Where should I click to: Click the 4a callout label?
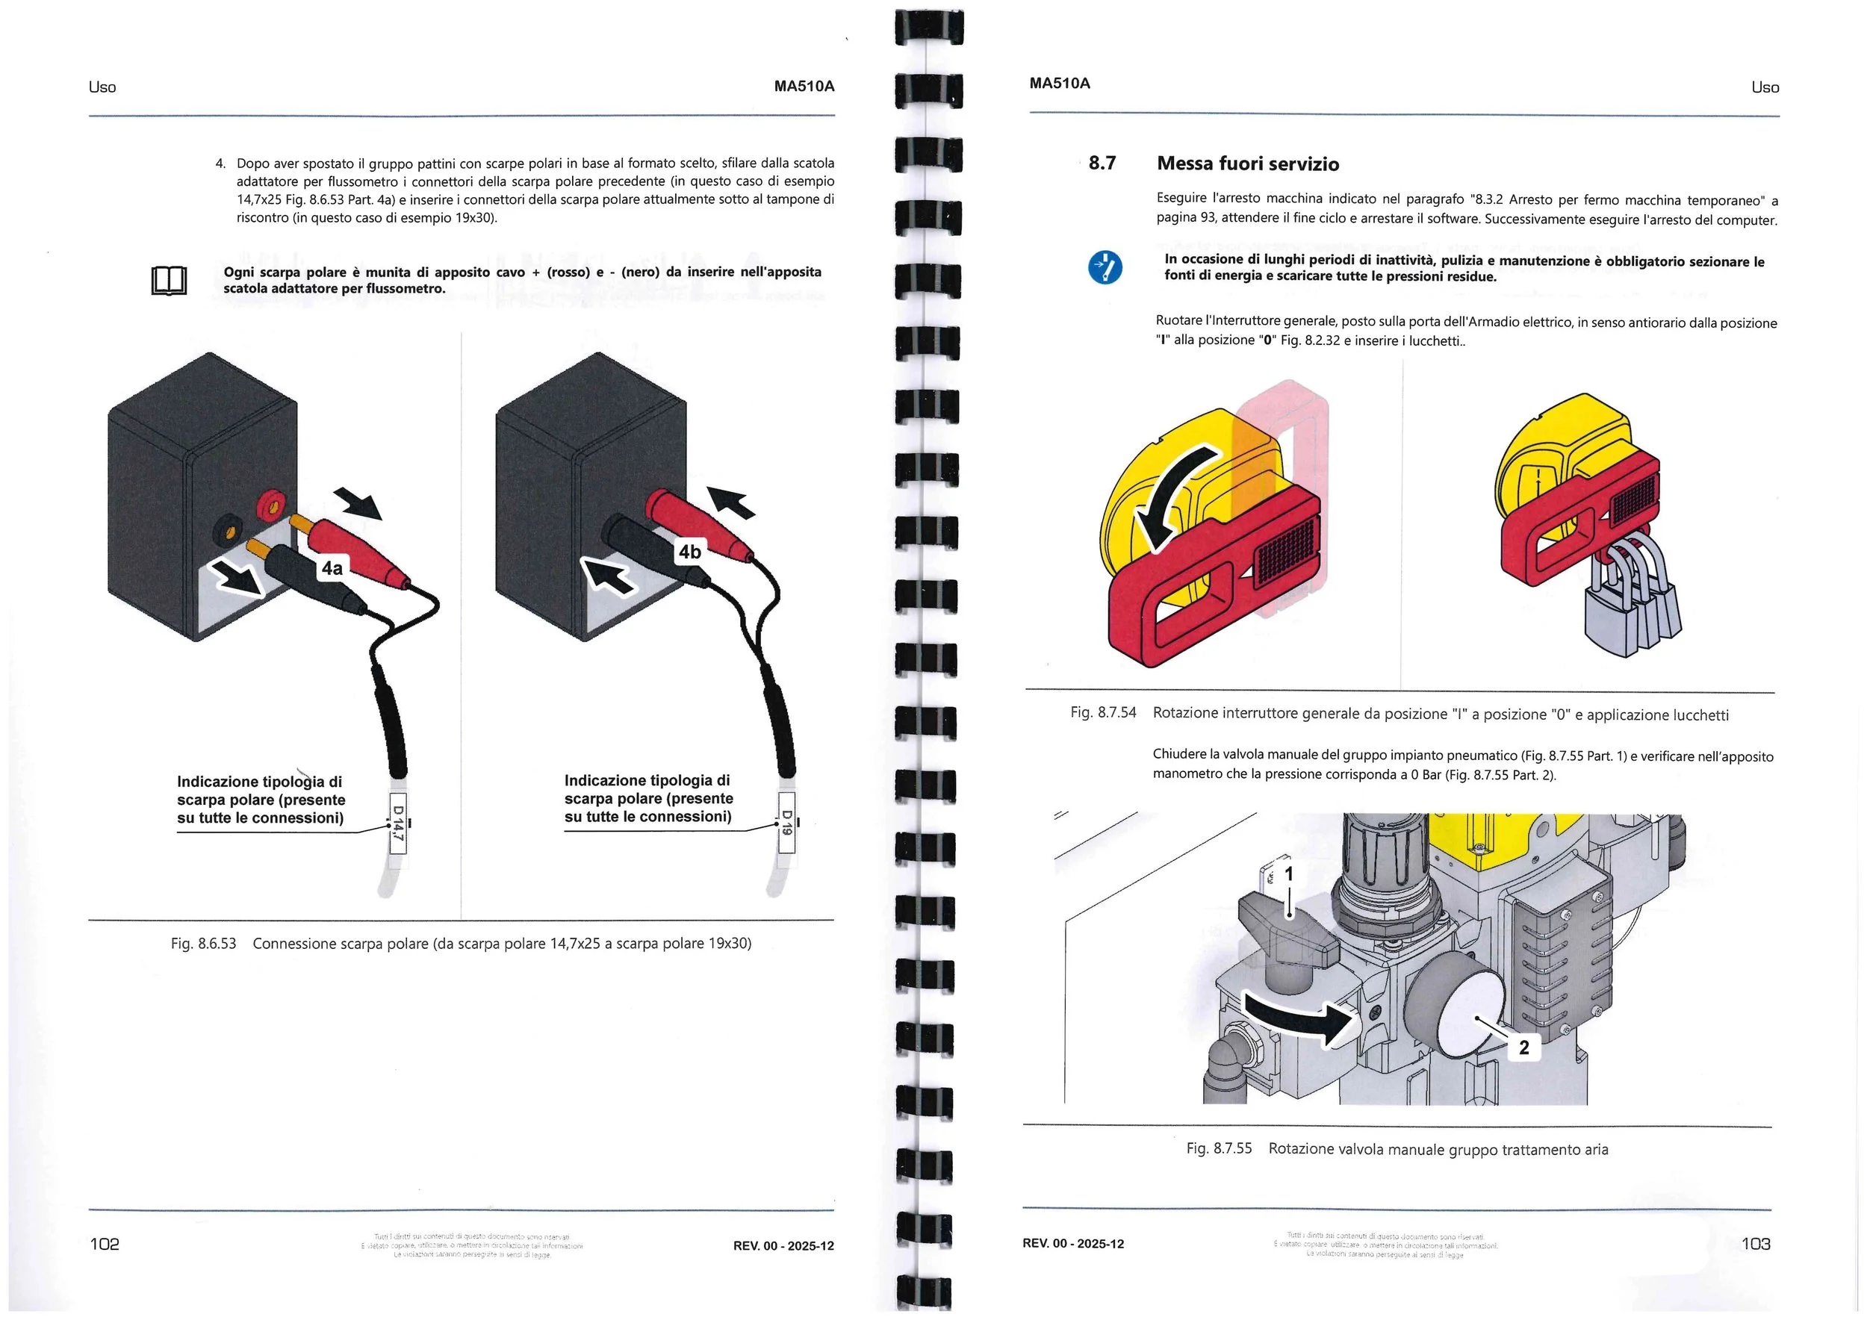click(x=332, y=567)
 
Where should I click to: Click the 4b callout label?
click(x=689, y=552)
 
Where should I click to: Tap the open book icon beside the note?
click(x=169, y=281)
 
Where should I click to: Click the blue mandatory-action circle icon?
click(x=1105, y=267)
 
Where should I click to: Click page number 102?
click(x=104, y=1244)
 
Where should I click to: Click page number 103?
click(x=1756, y=1244)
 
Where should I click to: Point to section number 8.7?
click(x=1102, y=163)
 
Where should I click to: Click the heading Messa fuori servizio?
click(x=1247, y=164)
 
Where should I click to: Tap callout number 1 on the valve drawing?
click(x=1288, y=874)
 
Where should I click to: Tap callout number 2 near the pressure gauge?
click(x=1524, y=1047)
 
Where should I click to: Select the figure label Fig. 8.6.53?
click(x=203, y=944)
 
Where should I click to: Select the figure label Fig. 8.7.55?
click(x=1218, y=1148)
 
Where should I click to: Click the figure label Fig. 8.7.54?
click(x=1102, y=713)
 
